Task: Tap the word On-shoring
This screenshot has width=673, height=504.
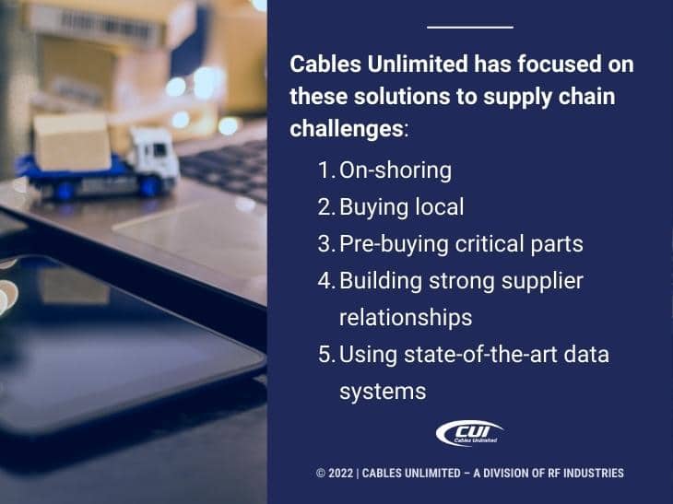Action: pyautogui.click(x=396, y=170)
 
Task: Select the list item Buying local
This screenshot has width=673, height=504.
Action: pyautogui.click(x=401, y=207)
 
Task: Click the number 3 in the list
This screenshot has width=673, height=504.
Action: pyautogui.click(x=324, y=244)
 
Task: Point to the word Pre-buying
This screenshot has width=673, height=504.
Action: pyautogui.click(x=386, y=244)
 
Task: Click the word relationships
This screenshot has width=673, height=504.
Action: pyautogui.click(x=406, y=317)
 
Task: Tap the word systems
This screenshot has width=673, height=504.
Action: pyautogui.click(x=383, y=391)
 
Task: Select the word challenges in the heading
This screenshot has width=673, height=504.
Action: pyautogui.click(x=347, y=128)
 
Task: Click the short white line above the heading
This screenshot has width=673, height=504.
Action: pyautogui.click(x=470, y=27)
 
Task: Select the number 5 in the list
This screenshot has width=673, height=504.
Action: pyautogui.click(x=325, y=354)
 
